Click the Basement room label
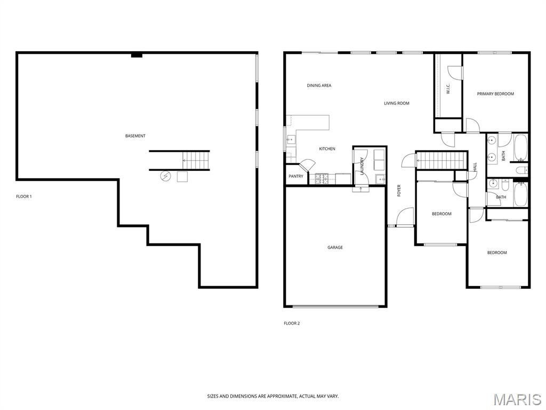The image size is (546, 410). (x=135, y=136)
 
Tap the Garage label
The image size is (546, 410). (x=335, y=248)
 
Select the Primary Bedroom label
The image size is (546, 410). (x=495, y=94)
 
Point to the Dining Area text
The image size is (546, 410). (x=319, y=85)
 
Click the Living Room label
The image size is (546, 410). (x=397, y=103)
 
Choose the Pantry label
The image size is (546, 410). (x=296, y=176)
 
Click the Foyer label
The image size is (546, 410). (x=399, y=191)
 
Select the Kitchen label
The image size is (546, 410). (x=327, y=149)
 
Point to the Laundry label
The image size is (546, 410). (x=362, y=166)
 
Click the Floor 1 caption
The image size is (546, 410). (x=24, y=196)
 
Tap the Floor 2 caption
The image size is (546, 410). (x=292, y=324)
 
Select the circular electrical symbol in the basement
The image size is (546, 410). (x=166, y=176)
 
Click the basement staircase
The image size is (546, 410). (x=196, y=160)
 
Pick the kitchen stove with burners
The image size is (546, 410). (x=322, y=179)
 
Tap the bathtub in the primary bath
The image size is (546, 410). (x=521, y=147)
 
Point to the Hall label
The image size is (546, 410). (x=475, y=167)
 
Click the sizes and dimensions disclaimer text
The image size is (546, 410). (x=273, y=397)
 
